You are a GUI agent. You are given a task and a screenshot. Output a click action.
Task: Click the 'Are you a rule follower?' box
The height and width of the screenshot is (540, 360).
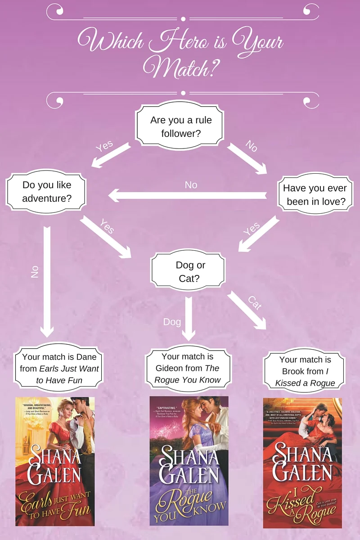coord(180,126)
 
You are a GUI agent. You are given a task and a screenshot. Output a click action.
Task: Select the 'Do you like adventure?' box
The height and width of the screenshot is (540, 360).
coord(46,191)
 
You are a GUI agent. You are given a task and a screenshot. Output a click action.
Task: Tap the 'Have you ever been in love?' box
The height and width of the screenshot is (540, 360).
coord(315,195)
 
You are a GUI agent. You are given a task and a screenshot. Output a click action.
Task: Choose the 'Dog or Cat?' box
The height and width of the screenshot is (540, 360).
coord(189,271)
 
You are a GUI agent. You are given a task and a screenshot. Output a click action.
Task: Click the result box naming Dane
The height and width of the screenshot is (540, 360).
coord(60,368)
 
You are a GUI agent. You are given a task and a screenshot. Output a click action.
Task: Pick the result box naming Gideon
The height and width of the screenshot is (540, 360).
coord(187,368)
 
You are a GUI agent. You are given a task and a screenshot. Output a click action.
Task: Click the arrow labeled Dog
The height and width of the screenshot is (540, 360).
coord(189,317)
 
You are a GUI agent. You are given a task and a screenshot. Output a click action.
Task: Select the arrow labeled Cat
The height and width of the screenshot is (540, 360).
coord(247,310)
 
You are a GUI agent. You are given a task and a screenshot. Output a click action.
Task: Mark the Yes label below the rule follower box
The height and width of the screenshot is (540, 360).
coord(104,147)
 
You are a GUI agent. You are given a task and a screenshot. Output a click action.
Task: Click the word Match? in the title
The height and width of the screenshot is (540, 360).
coord(180,67)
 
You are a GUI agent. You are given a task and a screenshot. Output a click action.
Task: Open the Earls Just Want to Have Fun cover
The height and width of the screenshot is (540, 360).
coord(55,461)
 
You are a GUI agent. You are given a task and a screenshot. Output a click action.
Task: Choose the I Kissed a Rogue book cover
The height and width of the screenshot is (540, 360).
coord(302,463)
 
